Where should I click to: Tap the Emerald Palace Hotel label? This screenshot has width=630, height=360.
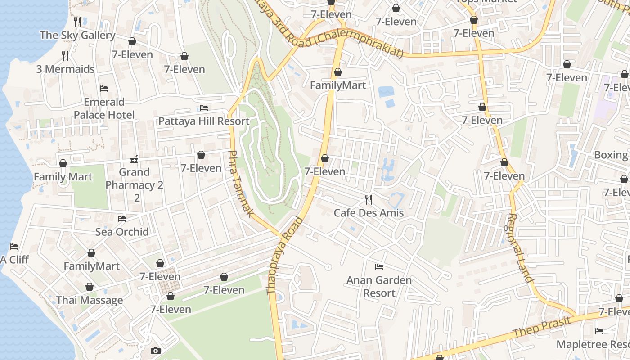104,108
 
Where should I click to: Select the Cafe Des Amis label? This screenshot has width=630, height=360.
369,212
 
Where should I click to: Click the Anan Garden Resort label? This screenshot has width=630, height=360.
379,286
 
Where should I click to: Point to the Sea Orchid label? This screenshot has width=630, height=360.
122,232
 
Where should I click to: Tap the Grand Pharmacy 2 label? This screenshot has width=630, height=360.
134,179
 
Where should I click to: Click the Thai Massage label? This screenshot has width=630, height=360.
90,300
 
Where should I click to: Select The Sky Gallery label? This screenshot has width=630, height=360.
77,35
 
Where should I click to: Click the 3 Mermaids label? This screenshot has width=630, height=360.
66,69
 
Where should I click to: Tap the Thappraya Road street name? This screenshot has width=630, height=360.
285,255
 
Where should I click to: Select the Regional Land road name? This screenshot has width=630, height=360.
520,247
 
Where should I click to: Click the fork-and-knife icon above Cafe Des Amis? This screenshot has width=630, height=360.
369,199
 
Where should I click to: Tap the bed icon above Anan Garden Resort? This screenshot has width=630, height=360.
379,267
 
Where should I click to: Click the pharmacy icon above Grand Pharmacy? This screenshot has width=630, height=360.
134,159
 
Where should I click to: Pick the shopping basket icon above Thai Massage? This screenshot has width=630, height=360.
90,287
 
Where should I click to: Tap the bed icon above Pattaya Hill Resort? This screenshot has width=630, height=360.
204,108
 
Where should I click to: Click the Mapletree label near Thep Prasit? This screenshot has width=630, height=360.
593,344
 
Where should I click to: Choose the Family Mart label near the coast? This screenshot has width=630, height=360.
63,176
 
